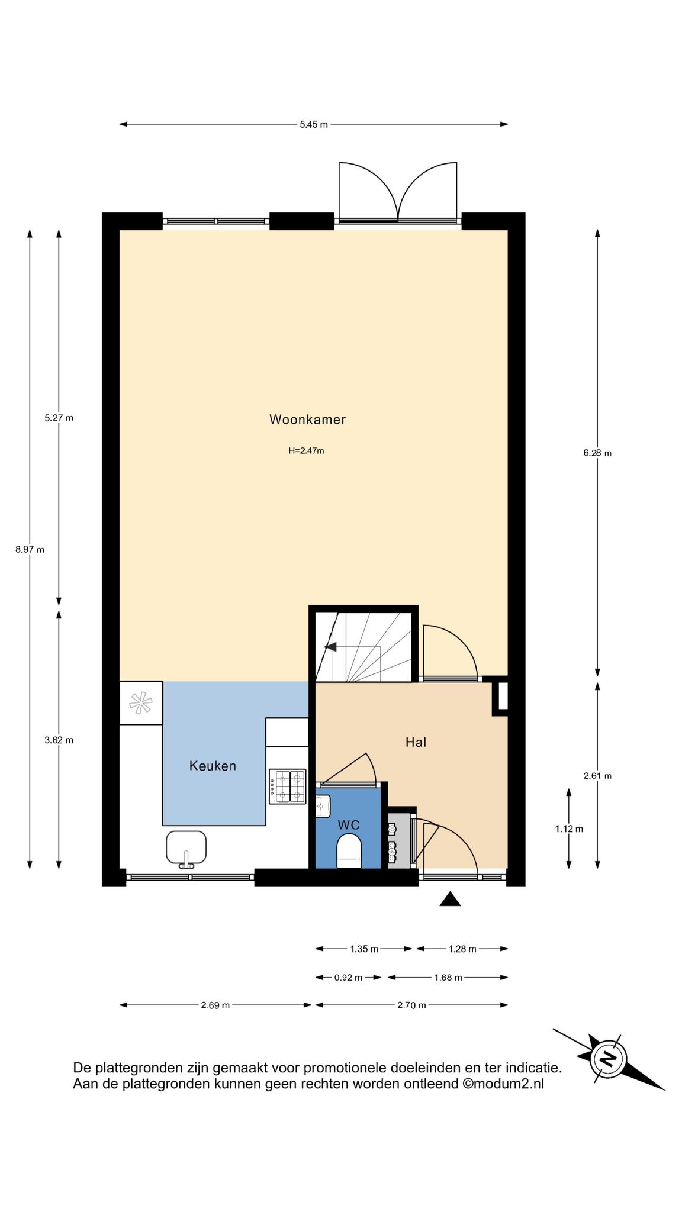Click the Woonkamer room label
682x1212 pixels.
[307, 420]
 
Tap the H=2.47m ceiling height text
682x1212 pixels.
[306, 451]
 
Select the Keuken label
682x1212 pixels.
[213, 766]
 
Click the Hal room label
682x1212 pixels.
[416, 742]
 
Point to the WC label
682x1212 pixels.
[349, 825]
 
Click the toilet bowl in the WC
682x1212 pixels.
[349, 851]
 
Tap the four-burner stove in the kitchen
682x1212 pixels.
[288, 786]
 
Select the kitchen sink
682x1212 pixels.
[186, 848]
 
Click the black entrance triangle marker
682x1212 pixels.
[450, 899]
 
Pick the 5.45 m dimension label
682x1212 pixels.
[314, 124]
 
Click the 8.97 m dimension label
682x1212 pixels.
[30, 549]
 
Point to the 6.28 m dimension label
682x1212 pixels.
[597, 453]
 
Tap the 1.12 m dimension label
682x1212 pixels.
[569, 829]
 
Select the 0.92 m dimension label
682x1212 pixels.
[348, 978]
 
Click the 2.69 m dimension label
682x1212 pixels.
[215, 1005]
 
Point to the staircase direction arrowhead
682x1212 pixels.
[330, 647]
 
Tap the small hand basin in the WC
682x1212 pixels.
[323, 806]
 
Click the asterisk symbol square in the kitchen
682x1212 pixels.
[141, 703]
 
